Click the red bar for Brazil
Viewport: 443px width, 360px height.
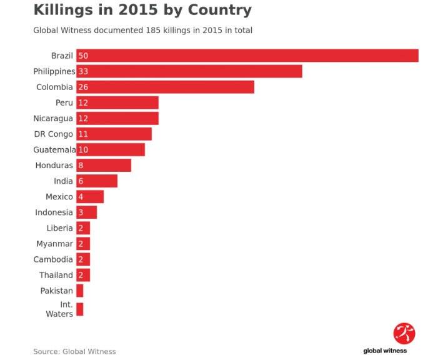click(x=247, y=56)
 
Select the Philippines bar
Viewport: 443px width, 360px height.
click(x=189, y=71)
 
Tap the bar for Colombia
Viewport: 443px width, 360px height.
click(x=165, y=87)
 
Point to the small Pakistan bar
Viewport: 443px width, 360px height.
click(x=80, y=291)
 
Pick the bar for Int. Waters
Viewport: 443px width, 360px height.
click(x=80, y=309)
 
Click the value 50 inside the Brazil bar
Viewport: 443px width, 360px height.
click(x=83, y=56)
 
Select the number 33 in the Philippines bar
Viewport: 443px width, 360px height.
click(x=83, y=71)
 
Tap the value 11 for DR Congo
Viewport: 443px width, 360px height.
click(x=83, y=134)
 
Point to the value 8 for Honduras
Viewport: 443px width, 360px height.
click(x=81, y=166)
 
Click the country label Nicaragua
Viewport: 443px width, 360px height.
click(x=53, y=118)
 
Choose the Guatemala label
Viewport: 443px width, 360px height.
click(x=54, y=150)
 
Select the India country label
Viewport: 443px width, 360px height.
click(x=64, y=181)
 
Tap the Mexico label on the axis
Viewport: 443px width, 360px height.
click(x=59, y=197)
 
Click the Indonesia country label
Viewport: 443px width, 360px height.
click(x=54, y=212)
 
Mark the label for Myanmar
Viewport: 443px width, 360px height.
click(x=54, y=244)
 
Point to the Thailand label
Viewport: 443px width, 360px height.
click(x=56, y=275)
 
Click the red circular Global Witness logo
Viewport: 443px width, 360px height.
click(x=404, y=333)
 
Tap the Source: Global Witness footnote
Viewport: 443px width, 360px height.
click(x=74, y=351)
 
